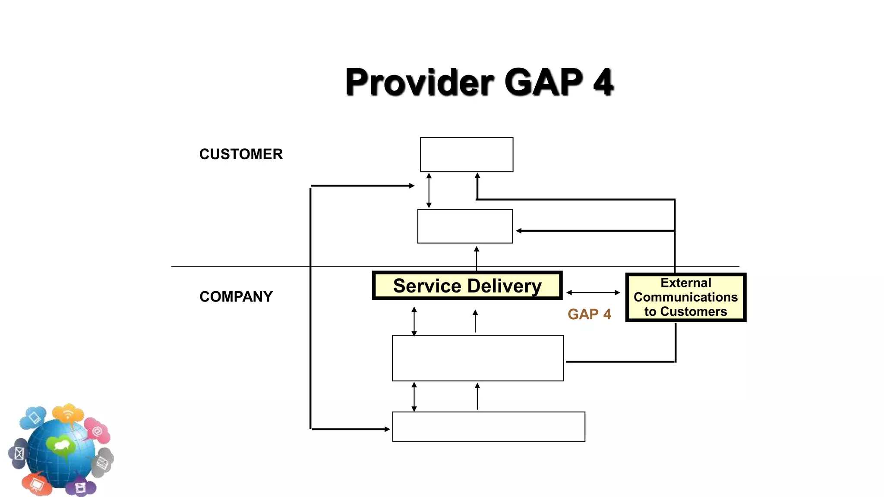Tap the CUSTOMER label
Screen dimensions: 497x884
pos(241,154)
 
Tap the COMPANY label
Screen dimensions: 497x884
pos(236,296)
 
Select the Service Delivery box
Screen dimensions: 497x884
pos(467,286)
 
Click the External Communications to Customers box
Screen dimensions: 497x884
pos(685,297)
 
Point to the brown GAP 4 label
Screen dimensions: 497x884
pos(589,314)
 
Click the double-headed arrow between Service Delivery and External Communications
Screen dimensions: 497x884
pos(593,293)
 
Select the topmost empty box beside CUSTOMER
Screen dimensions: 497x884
pos(467,154)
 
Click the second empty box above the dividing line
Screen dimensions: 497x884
pos(465,226)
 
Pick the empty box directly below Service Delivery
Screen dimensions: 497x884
pos(477,358)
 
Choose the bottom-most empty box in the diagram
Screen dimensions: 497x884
pos(488,426)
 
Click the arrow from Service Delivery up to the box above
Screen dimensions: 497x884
pos(477,258)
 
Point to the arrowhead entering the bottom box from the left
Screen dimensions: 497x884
pos(387,429)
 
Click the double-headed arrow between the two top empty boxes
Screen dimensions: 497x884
pos(429,190)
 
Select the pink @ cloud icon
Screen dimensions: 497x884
pos(97,430)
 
